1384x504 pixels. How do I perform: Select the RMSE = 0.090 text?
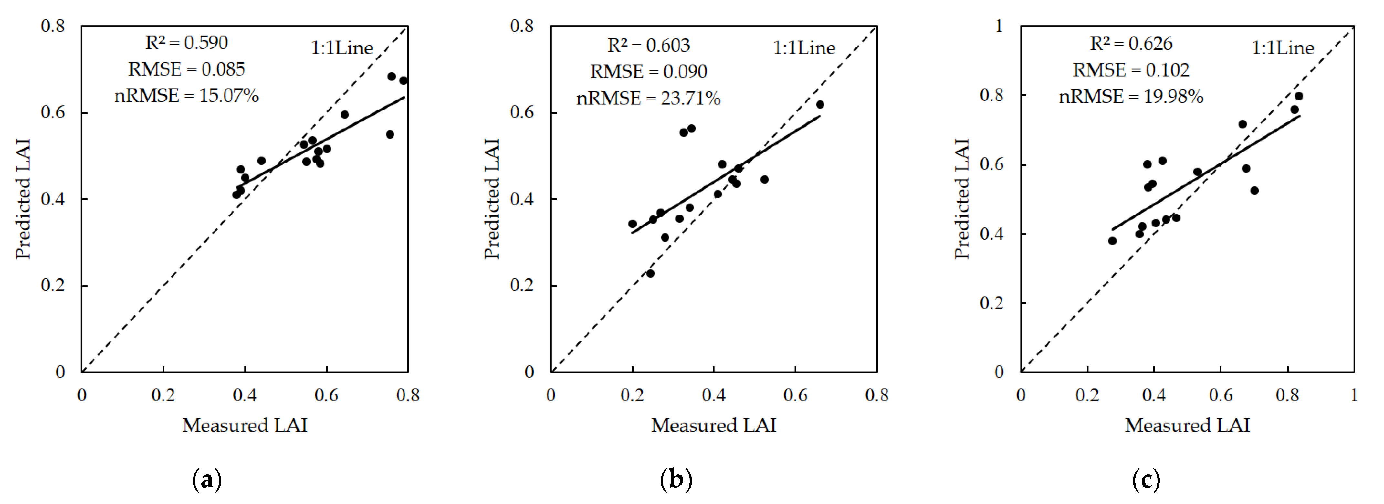coord(648,71)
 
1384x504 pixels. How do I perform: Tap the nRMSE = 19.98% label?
coord(1131,97)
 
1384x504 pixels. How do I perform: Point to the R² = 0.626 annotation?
coord(1131,44)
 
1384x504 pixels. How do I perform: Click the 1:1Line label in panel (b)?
coord(804,48)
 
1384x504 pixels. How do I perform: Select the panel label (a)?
coord(207,479)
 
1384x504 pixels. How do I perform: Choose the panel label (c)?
coord(1146,479)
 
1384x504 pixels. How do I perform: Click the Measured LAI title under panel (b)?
coord(714,425)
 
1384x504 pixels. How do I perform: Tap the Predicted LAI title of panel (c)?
coord(962,199)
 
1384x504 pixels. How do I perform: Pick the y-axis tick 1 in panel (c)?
coord(999,26)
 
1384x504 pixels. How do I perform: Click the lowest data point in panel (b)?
coord(650,273)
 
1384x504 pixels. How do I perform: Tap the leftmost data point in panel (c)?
coord(1112,241)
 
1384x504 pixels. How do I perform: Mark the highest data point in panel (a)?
coord(392,76)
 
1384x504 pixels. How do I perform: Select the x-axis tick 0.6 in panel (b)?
coord(795,395)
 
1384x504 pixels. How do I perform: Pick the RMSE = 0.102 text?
coord(1131,70)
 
